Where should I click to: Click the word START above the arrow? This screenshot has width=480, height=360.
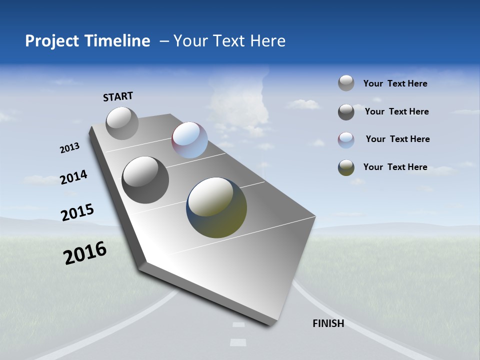pyautogui.click(x=118, y=96)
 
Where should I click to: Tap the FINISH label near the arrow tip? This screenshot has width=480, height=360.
pyautogui.click(x=328, y=323)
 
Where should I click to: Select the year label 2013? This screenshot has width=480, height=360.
pyautogui.click(x=69, y=148)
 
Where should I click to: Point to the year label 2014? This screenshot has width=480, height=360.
pyautogui.click(x=73, y=177)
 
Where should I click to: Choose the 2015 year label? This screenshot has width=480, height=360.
pyautogui.click(x=77, y=212)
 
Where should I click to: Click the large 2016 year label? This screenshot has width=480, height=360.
pyautogui.click(x=85, y=253)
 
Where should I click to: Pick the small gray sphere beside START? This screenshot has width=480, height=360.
pyautogui.click(x=122, y=123)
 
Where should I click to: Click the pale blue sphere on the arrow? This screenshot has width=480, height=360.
pyautogui.click(x=189, y=140)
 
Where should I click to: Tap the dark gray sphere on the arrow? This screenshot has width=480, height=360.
pyautogui.click(x=145, y=180)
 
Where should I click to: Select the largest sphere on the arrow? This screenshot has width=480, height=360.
pyautogui.click(x=216, y=207)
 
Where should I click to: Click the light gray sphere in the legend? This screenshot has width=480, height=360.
pyautogui.click(x=346, y=83)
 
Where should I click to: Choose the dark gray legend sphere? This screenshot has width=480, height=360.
pyautogui.click(x=346, y=112)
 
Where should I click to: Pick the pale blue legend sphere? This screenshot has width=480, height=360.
pyautogui.click(x=346, y=140)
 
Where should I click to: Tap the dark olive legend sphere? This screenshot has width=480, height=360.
pyautogui.click(x=346, y=167)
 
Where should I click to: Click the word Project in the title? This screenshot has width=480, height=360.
pyautogui.click(x=52, y=41)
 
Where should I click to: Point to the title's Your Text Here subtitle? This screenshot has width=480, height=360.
pyautogui.click(x=229, y=41)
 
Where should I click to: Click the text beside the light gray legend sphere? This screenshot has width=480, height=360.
pyautogui.click(x=395, y=83)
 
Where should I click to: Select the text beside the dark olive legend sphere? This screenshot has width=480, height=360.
pyautogui.click(x=395, y=167)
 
